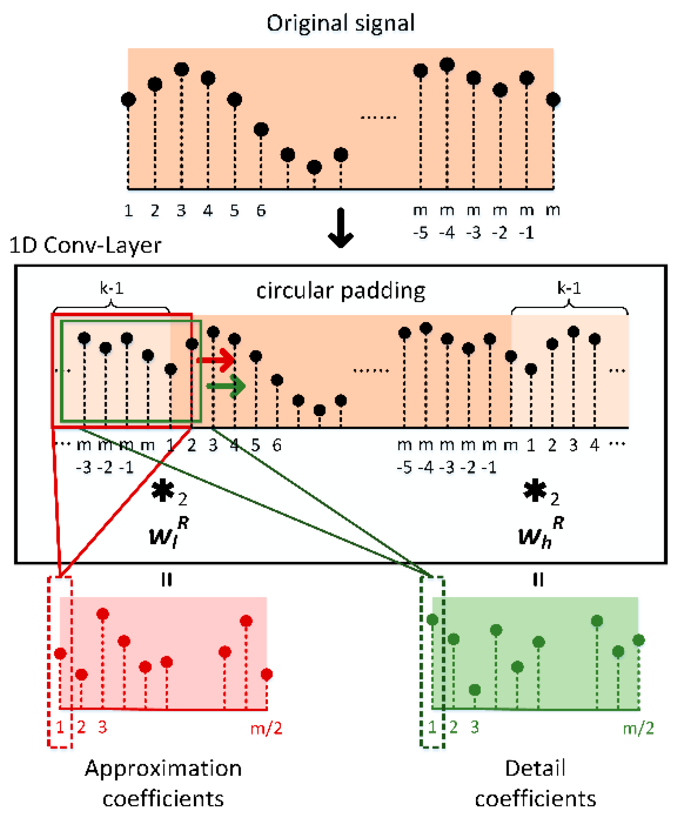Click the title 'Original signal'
(340, 23)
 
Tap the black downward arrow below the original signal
(341, 228)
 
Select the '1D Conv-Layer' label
(85, 246)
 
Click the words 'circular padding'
(340, 291)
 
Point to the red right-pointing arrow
(217, 360)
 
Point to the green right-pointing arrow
(227, 386)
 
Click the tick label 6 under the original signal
(261, 211)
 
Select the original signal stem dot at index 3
(181, 69)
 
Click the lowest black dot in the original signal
(314, 167)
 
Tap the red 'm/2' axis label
(266, 728)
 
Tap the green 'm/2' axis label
(638, 728)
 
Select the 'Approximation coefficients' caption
(163, 783)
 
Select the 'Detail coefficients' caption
(535, 783)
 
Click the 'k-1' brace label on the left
(112, 288)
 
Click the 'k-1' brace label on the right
(569, 288)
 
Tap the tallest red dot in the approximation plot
(103, 614)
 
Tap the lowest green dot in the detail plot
(474, 690)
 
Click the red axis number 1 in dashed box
(60, 727)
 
